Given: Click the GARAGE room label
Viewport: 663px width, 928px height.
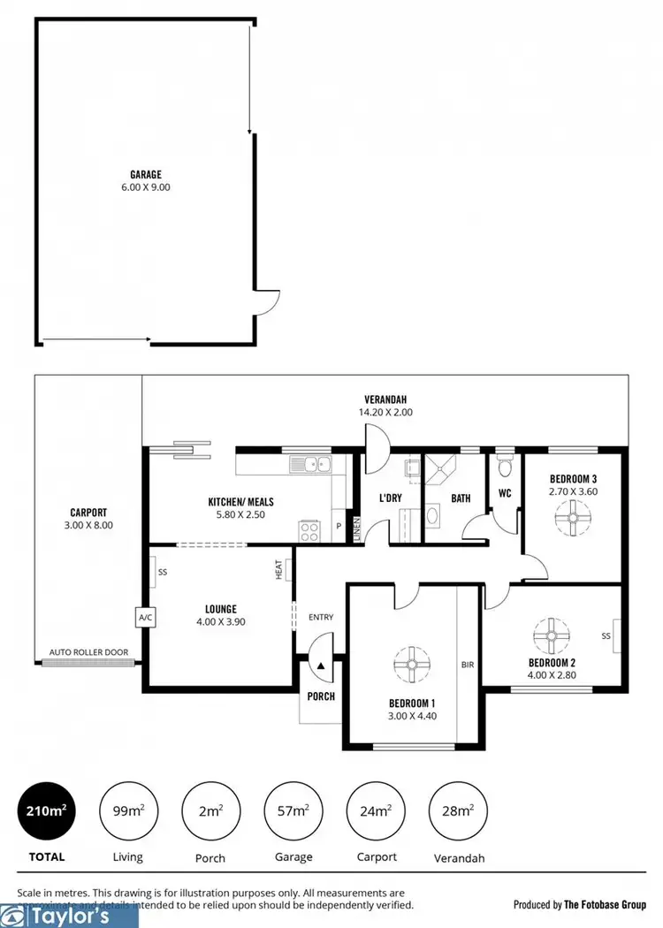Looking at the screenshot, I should pos(146,175).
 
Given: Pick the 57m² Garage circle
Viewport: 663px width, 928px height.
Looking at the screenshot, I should pos(293,810).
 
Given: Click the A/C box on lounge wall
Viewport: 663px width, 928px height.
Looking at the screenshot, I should pos(143,618).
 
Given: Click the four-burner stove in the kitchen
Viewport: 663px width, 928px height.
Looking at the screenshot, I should pos(311,530).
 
